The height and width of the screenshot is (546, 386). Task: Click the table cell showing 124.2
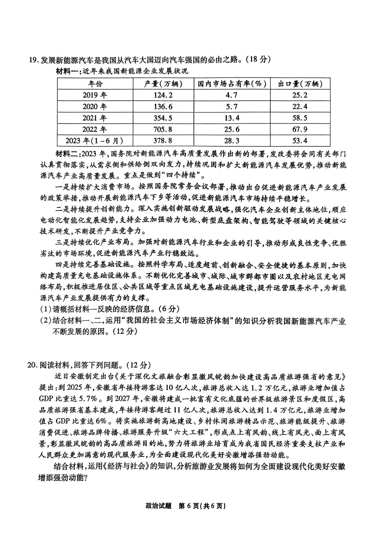pos(163,95)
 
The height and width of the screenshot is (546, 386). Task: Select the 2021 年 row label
pos(95,118)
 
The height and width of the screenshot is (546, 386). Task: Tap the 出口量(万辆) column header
pos(300,84)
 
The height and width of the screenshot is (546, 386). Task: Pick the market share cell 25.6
pos(232,129)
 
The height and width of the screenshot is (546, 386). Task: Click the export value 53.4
pos(300,141)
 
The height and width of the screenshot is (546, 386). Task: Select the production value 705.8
pos(163,129)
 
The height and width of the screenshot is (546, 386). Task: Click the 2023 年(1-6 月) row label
pos(95,141)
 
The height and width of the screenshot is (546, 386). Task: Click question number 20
pos(33,365)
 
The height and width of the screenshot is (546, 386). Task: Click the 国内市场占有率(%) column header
pos(232,84)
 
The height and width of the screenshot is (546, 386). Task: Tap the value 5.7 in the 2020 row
pos(232,107)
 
